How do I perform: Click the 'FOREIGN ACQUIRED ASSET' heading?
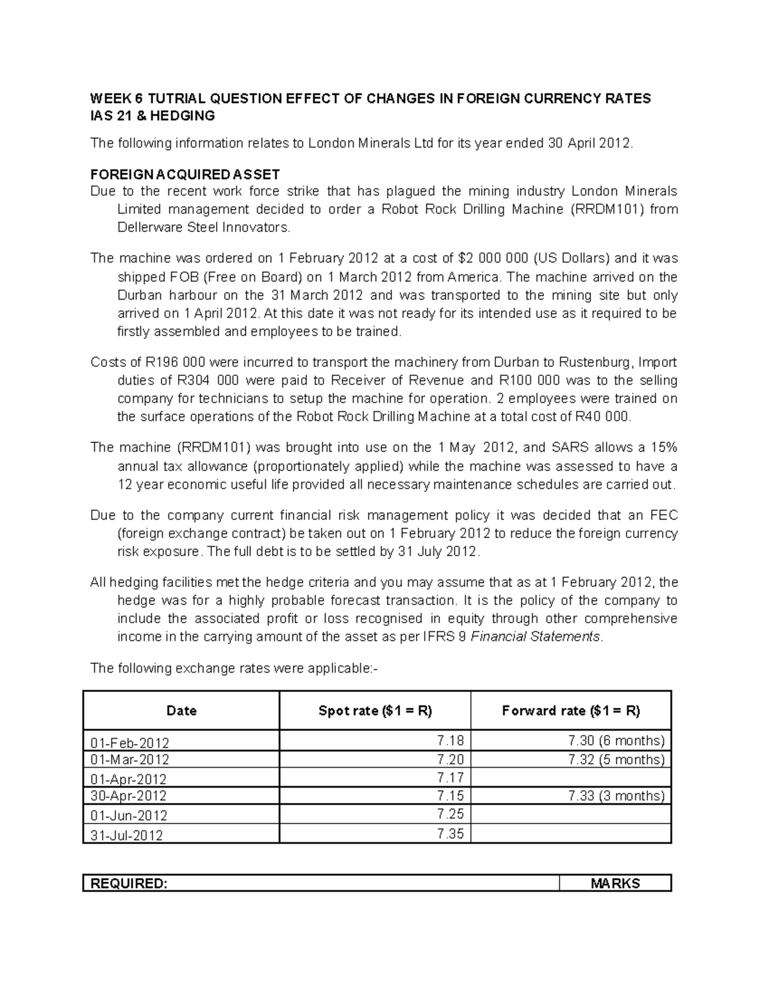[x=185, y=174]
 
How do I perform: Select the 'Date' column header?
[x=181, y=711]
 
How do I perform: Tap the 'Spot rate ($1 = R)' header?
[x=375, y=711]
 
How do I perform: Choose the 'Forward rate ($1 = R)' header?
[x=571, y=711]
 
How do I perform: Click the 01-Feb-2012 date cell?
[x=130, y=743]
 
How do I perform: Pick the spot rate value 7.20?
[x=450, y=759]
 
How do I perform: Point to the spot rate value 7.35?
[x=450, y=834]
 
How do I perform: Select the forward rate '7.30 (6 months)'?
[x=616, y=741]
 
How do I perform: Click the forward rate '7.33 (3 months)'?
[x=616, y=796]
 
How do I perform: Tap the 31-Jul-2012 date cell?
[x=127, y=835]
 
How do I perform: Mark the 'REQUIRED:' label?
[x=129, y=884]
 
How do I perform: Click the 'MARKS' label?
[x=615, y=884]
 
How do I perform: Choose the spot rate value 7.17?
[x=450, y=778]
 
